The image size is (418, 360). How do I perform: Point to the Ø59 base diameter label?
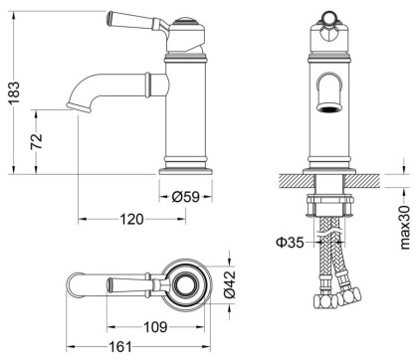186,196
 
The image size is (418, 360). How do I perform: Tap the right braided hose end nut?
355,297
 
